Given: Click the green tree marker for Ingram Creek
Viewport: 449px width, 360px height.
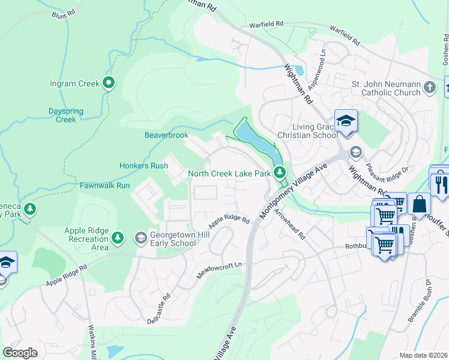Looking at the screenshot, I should [x=109, y=83].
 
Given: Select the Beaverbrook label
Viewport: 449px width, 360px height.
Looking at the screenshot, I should [x=166, y=135].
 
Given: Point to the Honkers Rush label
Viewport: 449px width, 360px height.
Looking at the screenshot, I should [x=143, y=166].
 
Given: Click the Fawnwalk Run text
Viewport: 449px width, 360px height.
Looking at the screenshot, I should [x=105, y=185].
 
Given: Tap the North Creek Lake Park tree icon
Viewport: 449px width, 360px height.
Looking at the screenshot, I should [x=279, y=173].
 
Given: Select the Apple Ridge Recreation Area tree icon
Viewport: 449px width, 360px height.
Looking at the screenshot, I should [x=118, y=238].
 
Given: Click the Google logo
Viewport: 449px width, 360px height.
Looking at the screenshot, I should [x=20, y=352].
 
